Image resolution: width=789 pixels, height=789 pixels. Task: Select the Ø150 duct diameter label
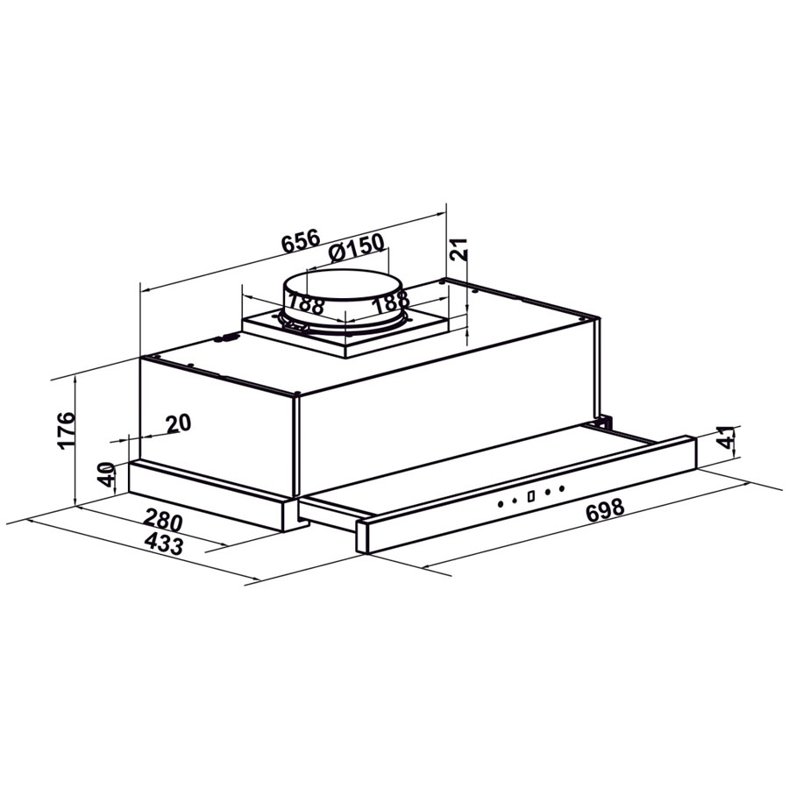(x=356, y=247)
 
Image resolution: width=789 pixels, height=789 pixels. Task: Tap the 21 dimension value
(x=458, y=249)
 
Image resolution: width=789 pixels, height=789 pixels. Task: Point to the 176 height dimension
(x=66, y=430)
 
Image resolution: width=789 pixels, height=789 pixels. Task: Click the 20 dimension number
(x=179, y=423)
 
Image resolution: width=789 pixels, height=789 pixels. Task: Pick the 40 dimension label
(x=106, y=474)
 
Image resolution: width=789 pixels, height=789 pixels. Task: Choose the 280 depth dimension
(x=163, y=520)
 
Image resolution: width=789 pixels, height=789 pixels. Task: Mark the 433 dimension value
(x=164, y=544)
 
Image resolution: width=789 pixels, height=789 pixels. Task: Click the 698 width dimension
(x=605, y=511)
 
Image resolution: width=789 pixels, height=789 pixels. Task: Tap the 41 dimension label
(x=725, y=437)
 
